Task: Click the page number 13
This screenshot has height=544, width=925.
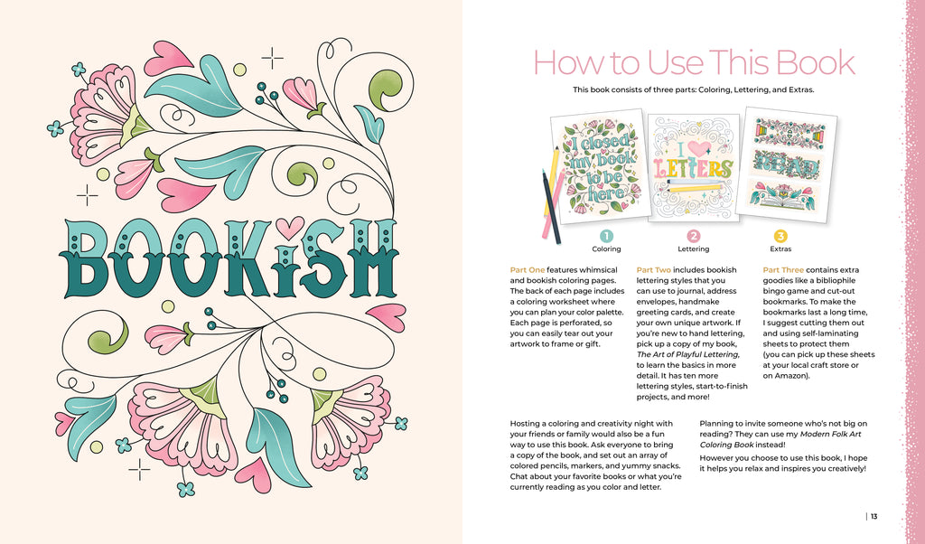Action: pos(874,516)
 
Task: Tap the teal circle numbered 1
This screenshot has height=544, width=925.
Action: pos(606,237)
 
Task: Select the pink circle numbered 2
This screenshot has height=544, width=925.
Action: pos(694,237)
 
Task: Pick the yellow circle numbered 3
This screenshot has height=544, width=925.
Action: pos(780,237)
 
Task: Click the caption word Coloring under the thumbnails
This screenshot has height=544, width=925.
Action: pos(606,249)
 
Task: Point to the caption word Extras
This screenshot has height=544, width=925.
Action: pos(780,249)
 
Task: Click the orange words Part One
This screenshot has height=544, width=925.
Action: pos(528,269)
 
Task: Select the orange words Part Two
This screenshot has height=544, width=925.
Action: pos(654,269)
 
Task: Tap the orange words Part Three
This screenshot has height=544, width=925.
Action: pos(783,269)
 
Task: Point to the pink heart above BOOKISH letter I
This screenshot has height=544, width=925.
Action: pos(290,228)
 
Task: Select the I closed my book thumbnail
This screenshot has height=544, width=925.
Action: pos(599,166)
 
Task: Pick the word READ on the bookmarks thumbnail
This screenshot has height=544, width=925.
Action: pos(788,164)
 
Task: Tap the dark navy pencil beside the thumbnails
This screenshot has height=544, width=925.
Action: pos(551,207)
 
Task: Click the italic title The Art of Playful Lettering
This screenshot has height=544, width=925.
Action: pos(687,354)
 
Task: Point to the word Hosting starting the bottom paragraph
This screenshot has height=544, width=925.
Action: pos(527,424)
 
